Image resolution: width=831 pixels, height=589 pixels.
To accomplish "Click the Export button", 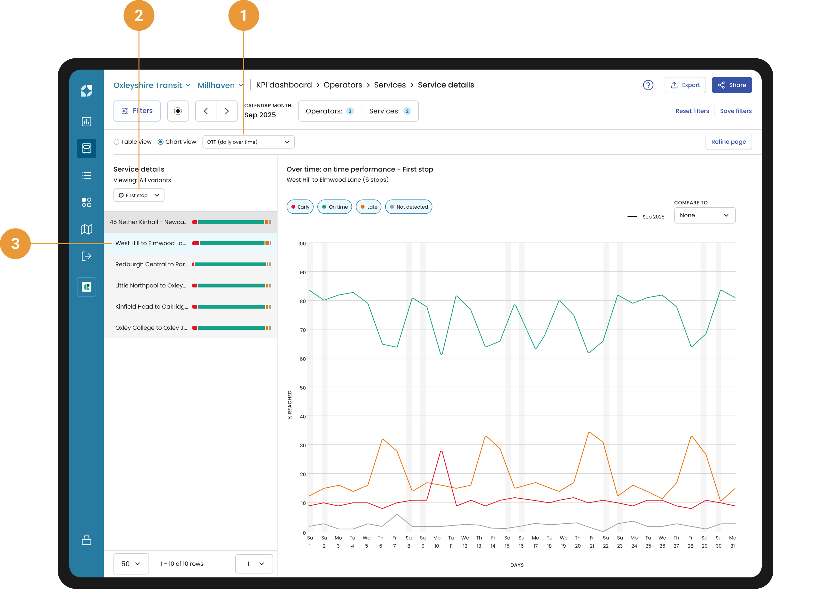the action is (685, 85).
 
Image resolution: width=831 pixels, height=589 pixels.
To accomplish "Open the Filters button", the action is (137, 111).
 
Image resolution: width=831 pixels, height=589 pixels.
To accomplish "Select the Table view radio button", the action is (116, 142).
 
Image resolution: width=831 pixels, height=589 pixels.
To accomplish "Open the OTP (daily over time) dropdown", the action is (248, 142).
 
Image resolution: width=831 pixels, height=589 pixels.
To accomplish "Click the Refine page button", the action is (728, 142).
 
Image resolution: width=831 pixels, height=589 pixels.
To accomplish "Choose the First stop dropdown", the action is (138, 195).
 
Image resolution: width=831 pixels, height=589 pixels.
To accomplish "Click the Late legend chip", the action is (368, 207).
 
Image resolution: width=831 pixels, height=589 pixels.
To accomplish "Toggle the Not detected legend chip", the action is (408, 207).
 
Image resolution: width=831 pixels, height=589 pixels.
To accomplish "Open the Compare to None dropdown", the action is (704, 215).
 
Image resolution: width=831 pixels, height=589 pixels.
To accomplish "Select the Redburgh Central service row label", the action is (152, 264).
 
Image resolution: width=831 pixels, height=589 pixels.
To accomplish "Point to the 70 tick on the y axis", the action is (303, 330).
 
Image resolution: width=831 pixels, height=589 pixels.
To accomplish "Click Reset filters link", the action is (692, 111).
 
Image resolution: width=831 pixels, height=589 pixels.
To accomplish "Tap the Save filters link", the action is (735, 111).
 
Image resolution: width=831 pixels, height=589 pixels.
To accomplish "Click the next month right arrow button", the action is (227, 111).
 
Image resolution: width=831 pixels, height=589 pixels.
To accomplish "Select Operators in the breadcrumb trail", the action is (342, 85).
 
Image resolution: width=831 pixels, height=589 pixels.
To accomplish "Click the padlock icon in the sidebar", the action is (86, 540).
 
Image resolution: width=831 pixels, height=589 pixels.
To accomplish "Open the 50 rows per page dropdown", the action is (131, 564).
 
